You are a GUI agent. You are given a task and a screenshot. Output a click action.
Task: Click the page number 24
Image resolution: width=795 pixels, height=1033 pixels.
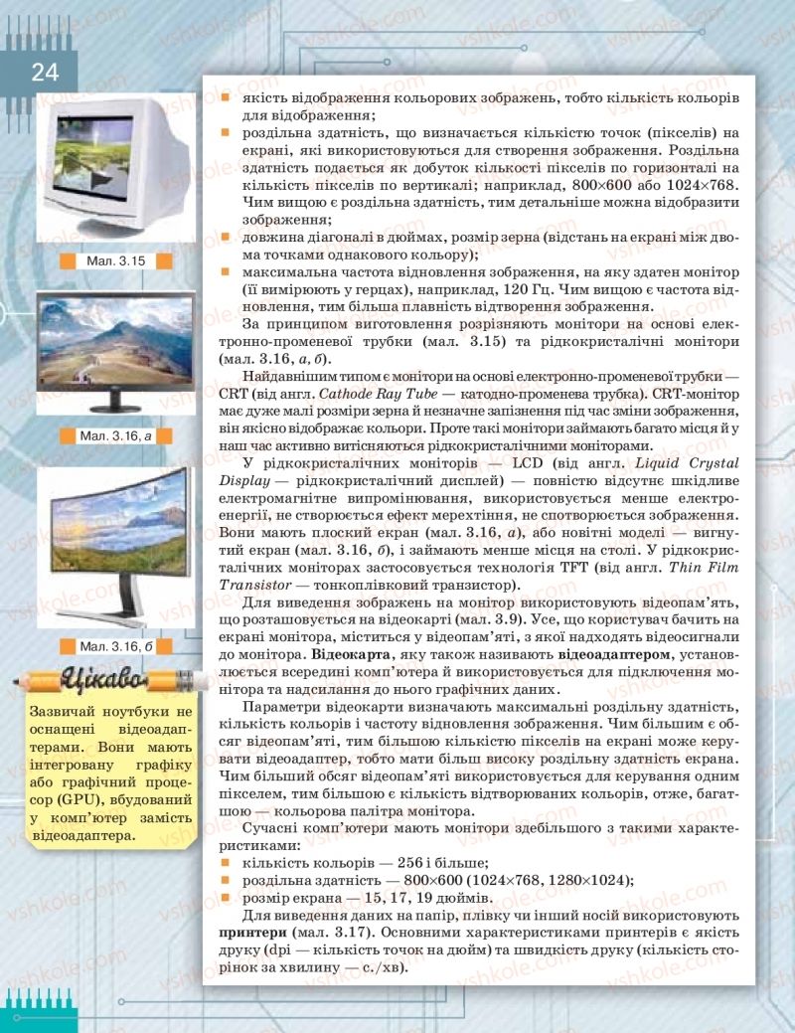pos(45,72)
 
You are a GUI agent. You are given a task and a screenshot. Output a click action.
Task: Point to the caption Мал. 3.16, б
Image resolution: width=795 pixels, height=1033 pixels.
pos(116,646)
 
